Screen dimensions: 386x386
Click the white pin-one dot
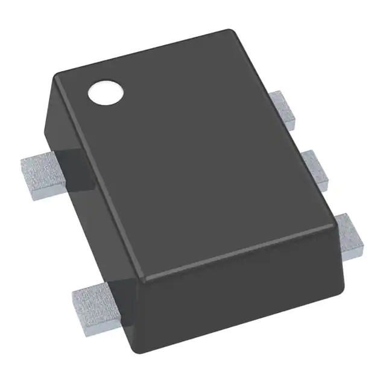pyautogui.click(x=105, y=92)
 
